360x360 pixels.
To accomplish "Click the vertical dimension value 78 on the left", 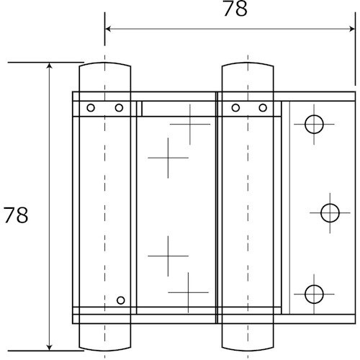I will (x=16, y=215).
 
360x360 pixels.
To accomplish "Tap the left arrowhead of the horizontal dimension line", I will (x=109, y=29).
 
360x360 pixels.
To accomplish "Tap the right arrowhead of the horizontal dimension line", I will (x=352, y=29).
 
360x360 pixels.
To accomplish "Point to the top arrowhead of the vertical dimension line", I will (x=49, y=67).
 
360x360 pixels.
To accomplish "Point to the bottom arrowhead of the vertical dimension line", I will (x=49, y=346).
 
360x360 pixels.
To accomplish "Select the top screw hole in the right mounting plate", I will (x=314, y=125).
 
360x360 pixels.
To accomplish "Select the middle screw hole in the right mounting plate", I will (x=330, y=212).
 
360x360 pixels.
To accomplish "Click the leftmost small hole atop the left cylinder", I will (x=91, y=108).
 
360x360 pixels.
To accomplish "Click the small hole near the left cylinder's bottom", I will (x=120, y=300).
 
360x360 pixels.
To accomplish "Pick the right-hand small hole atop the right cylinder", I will (x=263, y=108).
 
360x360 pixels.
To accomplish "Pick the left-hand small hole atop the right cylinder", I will (x=235, y=108).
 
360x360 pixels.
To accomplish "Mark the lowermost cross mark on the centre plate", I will (x=188, y=292).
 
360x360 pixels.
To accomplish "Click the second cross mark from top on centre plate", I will (x=167, y=158).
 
